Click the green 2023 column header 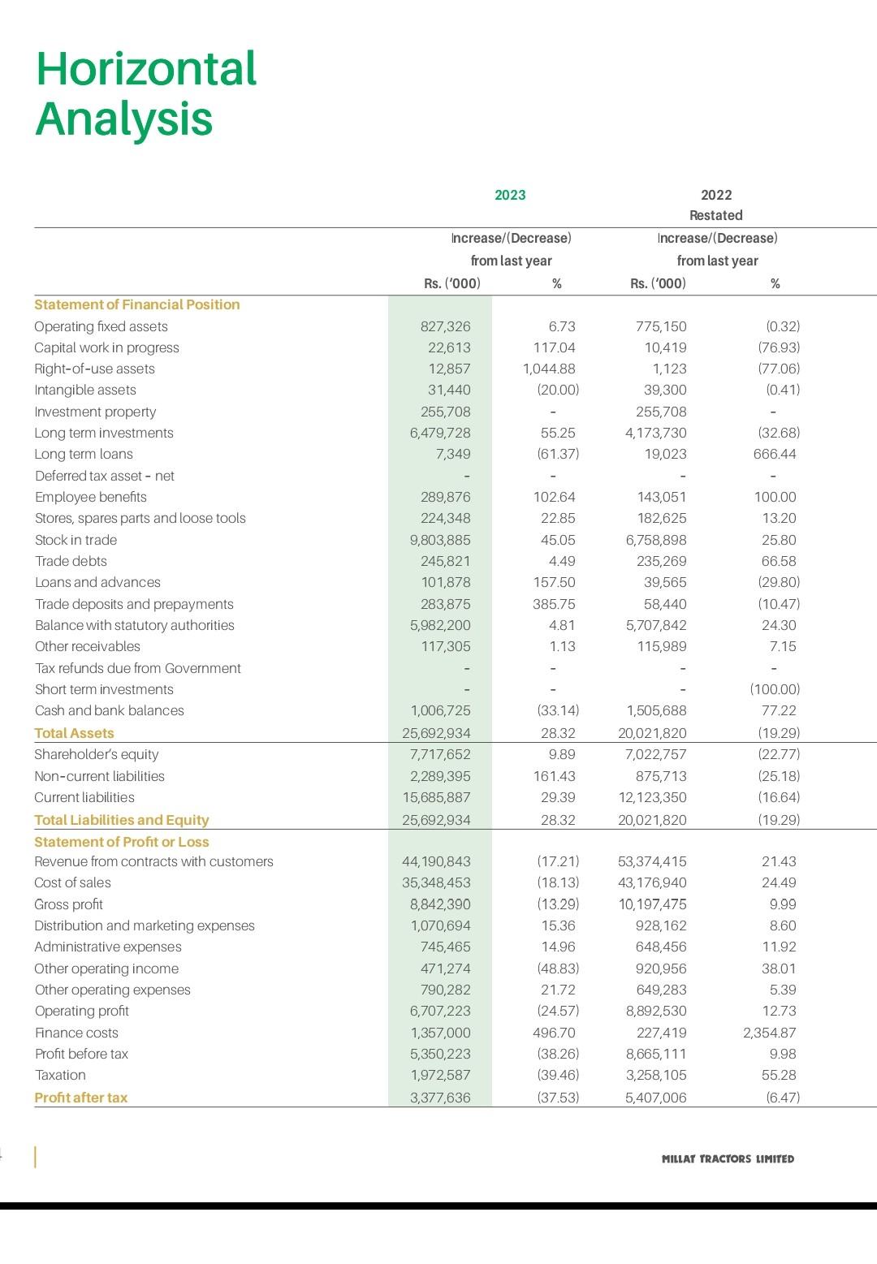coord(510,195)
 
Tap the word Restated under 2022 coord(715,215)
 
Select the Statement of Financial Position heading coord(137,304)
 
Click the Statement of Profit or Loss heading coord(122,842)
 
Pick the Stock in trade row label coord(76,540)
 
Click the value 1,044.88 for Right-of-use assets coord(549,369)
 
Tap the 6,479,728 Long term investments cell coord(440,433)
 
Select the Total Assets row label coord(74,733)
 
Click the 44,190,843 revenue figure coord(436,861)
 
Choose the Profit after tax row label coord(81,1098)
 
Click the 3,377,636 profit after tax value coord(440,1098)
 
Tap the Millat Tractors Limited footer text coord(728,1158)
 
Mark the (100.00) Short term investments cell coord(775,689)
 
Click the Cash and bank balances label coord(110,710)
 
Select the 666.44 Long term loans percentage coord(775,454)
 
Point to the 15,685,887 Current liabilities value coord(436,797)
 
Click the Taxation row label coord(60,1075)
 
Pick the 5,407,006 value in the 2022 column coord(655,1098)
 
